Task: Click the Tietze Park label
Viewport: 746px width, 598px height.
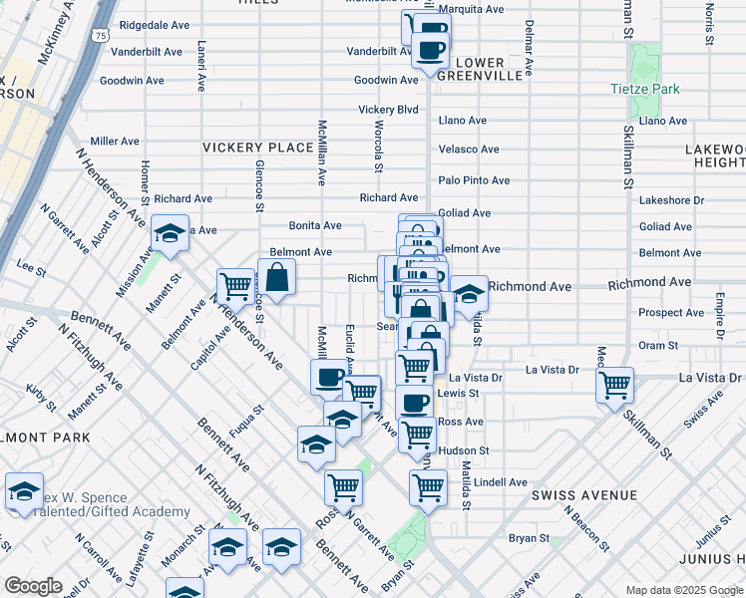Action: pyautogui.click(x=644, y=89)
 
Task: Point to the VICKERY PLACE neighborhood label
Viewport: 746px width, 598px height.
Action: pyautogui.click(x=258, y=148)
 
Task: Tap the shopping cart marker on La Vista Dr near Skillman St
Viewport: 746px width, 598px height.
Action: pyautogui.click(x=615, y=384)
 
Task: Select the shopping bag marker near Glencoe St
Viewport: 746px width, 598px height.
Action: pyautogui.click(x=276, y=278)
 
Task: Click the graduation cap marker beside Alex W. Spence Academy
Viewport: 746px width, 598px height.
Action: pyautogui.click(x=24, y=490)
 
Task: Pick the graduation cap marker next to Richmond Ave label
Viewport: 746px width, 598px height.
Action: pyautogui.click(x=469, y=293)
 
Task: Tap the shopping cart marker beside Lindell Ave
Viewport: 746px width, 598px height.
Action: pyautogui.click(x=428, y=487)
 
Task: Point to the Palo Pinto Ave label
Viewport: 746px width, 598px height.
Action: pyautogui.click(x=474, y=180)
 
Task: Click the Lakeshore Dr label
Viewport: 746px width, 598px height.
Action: pyautogui.click(x=671, y=200)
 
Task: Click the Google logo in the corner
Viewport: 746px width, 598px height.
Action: pyautogui.click(x=34, y=586)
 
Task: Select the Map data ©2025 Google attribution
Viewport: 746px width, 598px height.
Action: pyautogui.click(x=683, y=590)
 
